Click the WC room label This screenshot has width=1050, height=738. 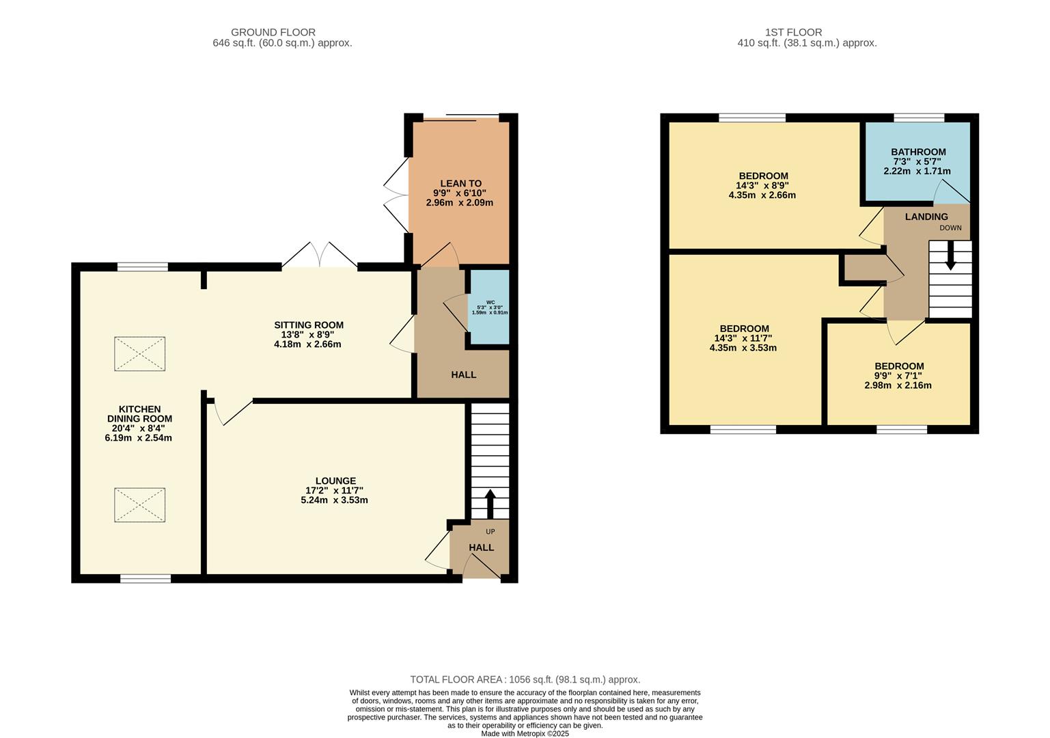pyautogui.click(x=491, y=303)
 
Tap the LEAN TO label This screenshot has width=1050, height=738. pyautogui.click(x=460, y=183)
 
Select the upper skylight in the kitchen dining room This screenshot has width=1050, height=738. pyautogui.click(x=139, y=353)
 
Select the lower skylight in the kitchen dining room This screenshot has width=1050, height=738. pyautogui.click(x=139, y=505)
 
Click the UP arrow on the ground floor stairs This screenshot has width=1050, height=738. pyautogui.click(x=490, y=504)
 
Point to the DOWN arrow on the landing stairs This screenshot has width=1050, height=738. pyautogui.click(x=950, y=256)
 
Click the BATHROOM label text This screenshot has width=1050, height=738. pyautogui.click(x=918, y=152)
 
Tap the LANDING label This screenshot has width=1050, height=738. pyautogui.click(x=926, y=217)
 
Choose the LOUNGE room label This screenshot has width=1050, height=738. pyautogui.click(x=335, y=480)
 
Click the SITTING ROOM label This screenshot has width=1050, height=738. pyautogui.click(x=308, y=325)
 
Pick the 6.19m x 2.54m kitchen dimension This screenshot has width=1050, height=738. pyautogui.click(x=138, y=438)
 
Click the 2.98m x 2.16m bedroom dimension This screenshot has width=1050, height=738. pyautogui.click(x=898, y=385)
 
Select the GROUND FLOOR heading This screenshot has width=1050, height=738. pyautogui.click(x=273, y=32)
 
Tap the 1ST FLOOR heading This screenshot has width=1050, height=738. pyautogui.click(x=794, y=32)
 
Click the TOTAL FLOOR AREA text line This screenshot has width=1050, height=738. pyautogui.click(x=525, y=679)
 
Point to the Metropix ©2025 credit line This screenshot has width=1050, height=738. pyautogui.click(x=525, y=734)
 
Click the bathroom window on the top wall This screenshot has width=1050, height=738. pyautogui.click(x=919, y=118)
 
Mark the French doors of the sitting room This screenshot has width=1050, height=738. pyautogui.click(x=320, y=255)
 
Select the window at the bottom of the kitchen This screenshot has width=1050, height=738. pyautogui.click(x=146, y=579)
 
